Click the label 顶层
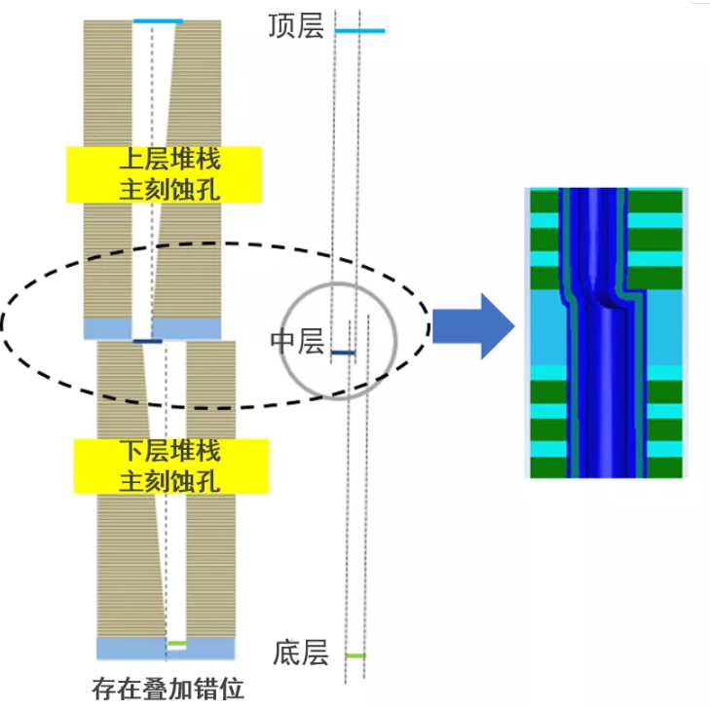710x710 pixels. pos(296,26)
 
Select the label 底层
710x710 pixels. pos(301,653)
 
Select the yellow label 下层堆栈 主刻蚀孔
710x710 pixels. pos(169,466)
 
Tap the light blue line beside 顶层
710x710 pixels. pos(359,31)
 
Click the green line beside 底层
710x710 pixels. pos(356,655)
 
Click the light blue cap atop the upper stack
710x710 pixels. pos(158,21)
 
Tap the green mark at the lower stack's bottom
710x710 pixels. pos(176,644)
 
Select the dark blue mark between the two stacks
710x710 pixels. pos(147,341)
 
